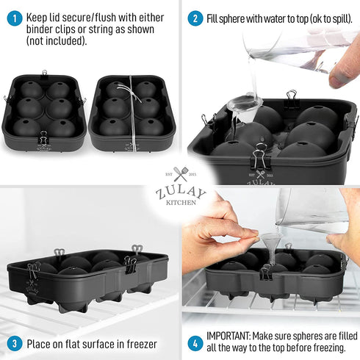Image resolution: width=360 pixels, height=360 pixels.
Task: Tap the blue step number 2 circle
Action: click(x=195, y=18)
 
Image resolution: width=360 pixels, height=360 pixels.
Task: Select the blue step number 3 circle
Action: click(x=13, y=342)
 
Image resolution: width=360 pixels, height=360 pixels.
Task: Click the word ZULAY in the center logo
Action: click(x=181, y=192)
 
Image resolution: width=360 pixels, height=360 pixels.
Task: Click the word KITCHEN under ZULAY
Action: click(x=181, y=203)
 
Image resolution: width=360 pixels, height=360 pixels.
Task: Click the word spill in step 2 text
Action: click(x=331, y=18)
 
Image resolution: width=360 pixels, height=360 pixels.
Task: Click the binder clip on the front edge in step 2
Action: click(x=259, y=158)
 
